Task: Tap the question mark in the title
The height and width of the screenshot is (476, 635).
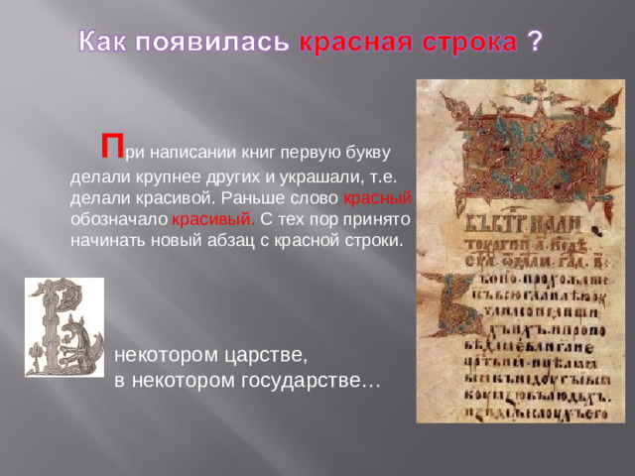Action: pyautogui.click(x=535, y=41)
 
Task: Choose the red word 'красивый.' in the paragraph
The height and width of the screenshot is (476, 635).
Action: pyautogui.click(x=213, y=219)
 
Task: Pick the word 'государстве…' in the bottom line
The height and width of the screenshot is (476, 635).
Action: pyautogui.click(x=310, y=380)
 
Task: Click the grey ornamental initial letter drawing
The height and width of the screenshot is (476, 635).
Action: pyautogui.click(x=63, y=326)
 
